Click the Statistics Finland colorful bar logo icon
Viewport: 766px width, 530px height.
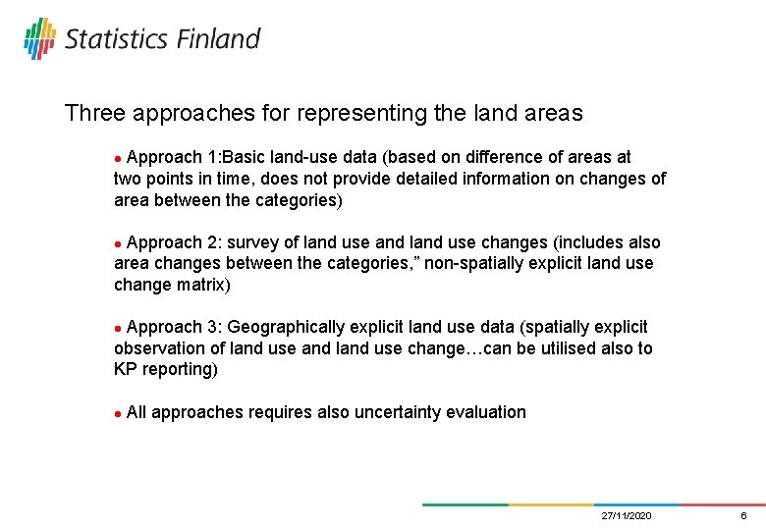[39, 37]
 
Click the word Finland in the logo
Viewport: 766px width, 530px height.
[219, 38]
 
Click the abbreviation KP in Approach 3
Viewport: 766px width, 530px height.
[126, 370]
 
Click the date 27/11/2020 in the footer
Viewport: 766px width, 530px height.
[626, 516]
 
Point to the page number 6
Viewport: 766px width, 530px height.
[743, 516]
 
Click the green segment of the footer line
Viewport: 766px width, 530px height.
[465, 504]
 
